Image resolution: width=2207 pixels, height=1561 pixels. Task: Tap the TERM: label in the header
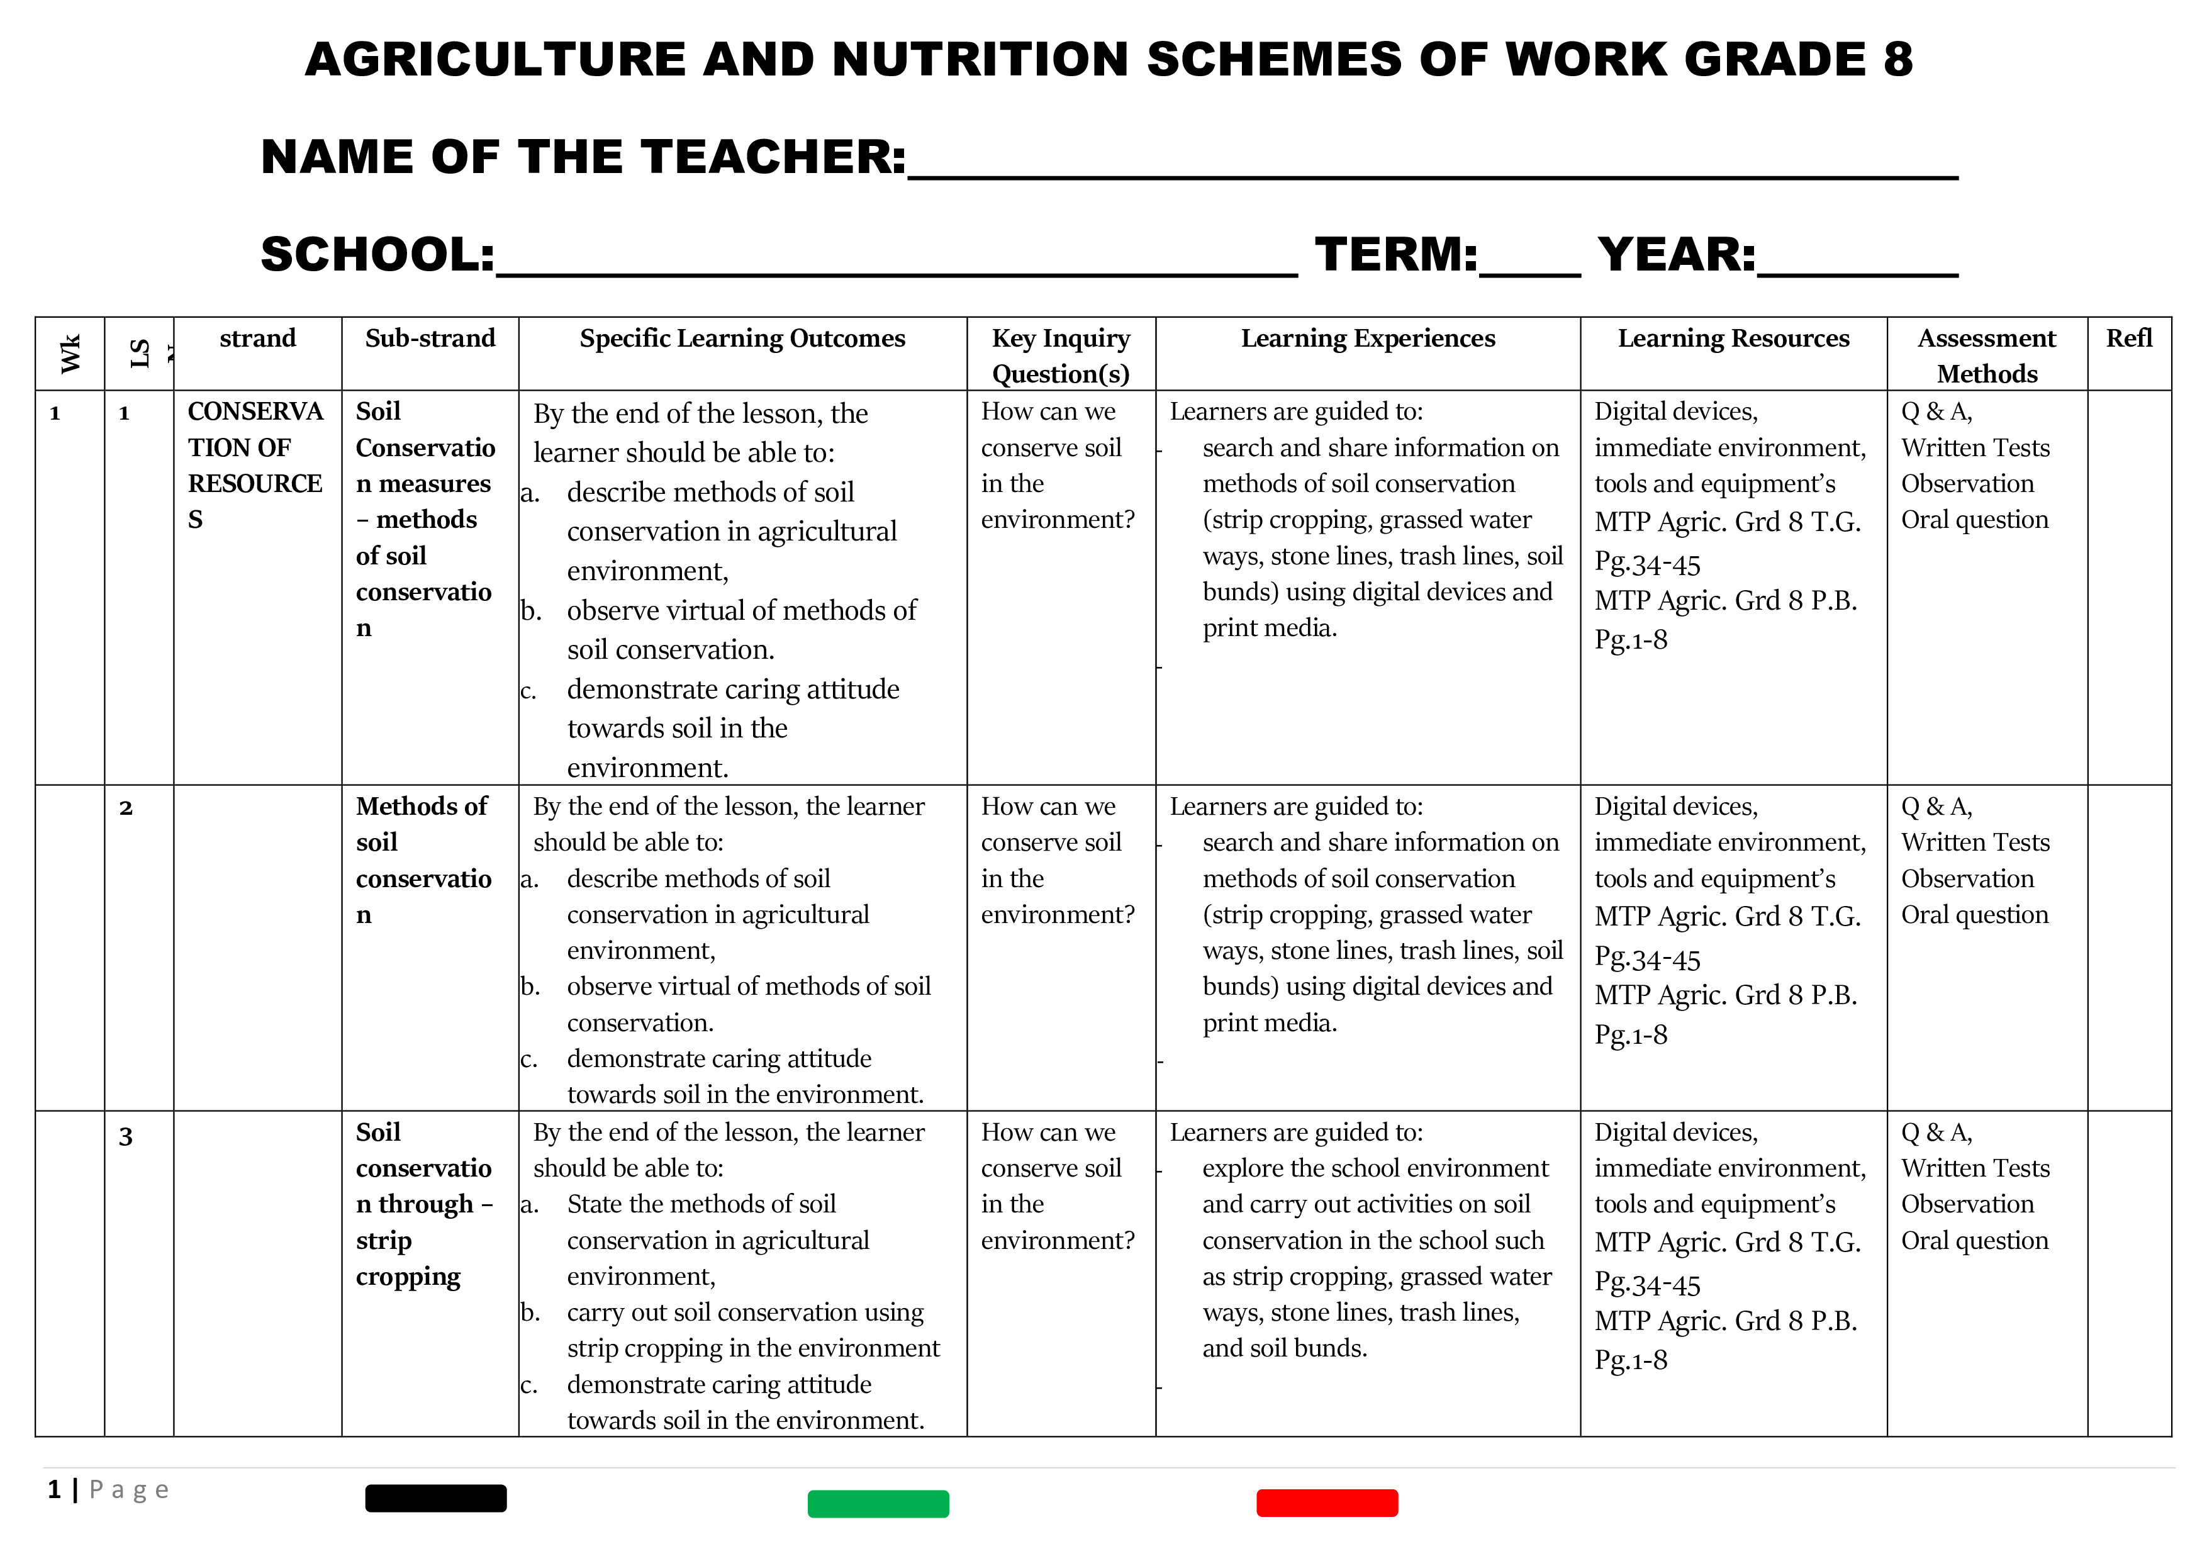click(1395, 255)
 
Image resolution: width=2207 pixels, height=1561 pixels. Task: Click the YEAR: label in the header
click(1677, 255)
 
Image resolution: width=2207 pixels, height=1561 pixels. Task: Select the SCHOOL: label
click(377, 255)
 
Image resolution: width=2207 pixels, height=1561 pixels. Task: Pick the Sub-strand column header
click(430, 338)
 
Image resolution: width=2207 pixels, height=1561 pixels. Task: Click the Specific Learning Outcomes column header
click(742, 338)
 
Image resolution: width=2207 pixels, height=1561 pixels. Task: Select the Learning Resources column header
click(1733, 338)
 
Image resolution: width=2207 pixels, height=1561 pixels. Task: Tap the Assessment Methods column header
click(1986, 355)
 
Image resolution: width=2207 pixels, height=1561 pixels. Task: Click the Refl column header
click(2128, 338)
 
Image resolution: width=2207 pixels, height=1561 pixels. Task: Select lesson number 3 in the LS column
click(126, 1137)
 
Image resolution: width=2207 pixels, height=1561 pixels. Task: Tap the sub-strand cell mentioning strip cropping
click(424, 1204)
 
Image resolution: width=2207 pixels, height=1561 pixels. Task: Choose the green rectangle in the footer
click(878, 1503)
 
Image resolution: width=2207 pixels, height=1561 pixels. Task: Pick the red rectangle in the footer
click(1326, 1502)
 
